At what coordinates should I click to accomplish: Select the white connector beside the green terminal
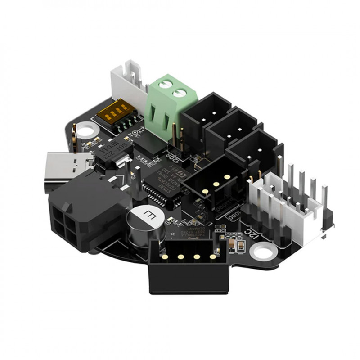[126, 79]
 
